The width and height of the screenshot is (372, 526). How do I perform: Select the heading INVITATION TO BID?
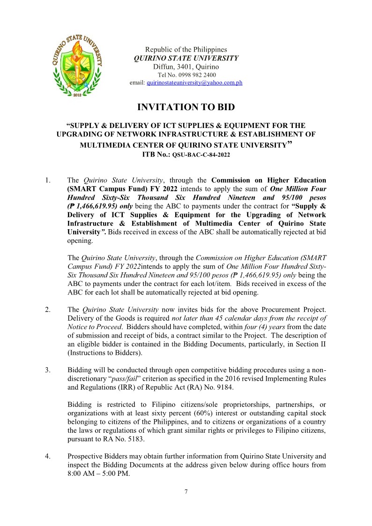tap(186, 107)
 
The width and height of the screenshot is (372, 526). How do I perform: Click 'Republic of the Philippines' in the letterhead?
tap(186, 50)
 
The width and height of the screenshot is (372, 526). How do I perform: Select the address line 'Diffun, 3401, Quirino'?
tap(186, 67)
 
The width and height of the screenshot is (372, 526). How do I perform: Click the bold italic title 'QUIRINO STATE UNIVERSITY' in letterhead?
tap(186, 58)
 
